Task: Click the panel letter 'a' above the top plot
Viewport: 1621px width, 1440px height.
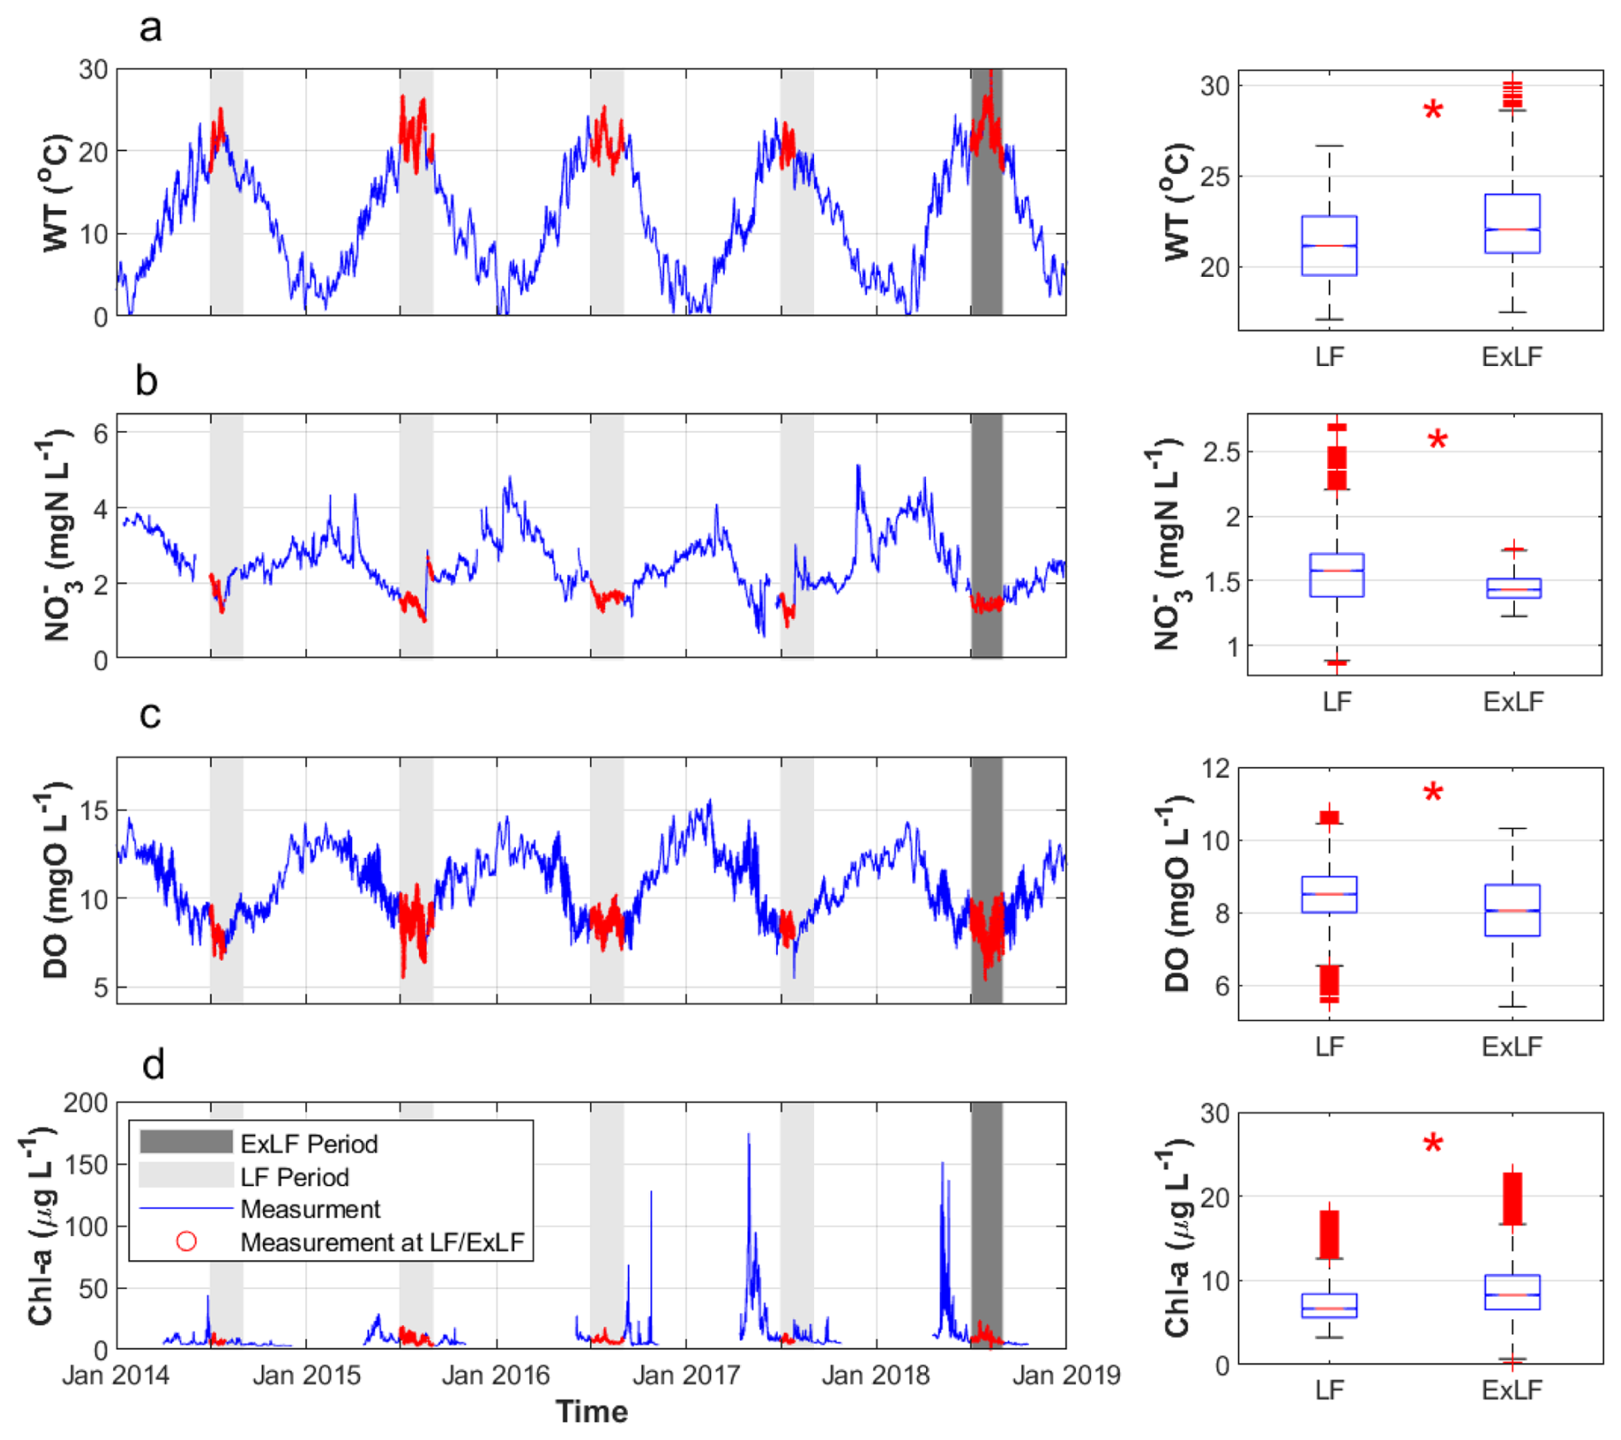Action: pos(151,27)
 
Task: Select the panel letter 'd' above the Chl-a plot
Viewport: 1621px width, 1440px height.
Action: pos(153,1065)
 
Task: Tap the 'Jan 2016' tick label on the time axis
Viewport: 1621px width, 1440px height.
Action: pos(495,1375)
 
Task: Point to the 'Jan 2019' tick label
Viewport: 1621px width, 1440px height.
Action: pos(1066,1375)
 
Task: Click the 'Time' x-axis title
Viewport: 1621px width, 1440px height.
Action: pos(591,1412)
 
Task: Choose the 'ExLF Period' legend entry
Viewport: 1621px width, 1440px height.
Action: pos(308,1143)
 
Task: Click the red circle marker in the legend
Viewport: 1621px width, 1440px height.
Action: pos(186,1241)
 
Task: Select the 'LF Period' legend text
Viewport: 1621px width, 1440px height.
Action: pos(294,1177)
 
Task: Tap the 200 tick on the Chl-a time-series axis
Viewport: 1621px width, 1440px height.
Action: pos(86,1103)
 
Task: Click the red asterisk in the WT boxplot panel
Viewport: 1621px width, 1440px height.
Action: pos(1433,111)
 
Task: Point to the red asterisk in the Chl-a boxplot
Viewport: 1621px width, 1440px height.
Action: pos(1433,1143)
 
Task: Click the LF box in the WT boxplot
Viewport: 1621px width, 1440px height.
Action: pos(1329,246)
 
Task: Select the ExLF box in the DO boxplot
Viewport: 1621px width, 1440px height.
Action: pos(1512,909)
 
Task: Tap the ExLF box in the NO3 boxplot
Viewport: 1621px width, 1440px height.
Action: pos(1514,588)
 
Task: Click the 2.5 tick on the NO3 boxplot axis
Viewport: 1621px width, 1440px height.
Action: pos(1221,452)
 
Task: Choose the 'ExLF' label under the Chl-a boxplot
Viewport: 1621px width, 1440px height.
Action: pos(1511,1389)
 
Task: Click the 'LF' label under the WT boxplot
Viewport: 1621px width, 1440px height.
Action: pos(1329,357)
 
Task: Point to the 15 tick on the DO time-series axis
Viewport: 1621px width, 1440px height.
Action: pos(93,810)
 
